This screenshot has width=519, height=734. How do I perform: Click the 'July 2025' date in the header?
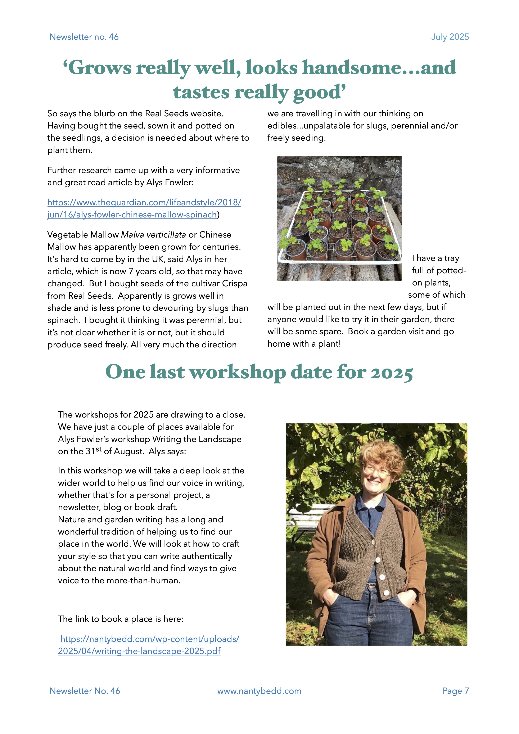tap(450, 37)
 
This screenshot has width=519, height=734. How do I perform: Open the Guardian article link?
tap(144, 208)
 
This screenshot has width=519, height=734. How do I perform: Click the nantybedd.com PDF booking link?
tap(149, 645)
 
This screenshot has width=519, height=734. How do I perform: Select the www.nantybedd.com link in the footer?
tap(259, 691)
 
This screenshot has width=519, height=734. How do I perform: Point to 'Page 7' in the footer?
tap(455, 691)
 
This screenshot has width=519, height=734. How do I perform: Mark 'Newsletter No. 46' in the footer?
tap(85, 691)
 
